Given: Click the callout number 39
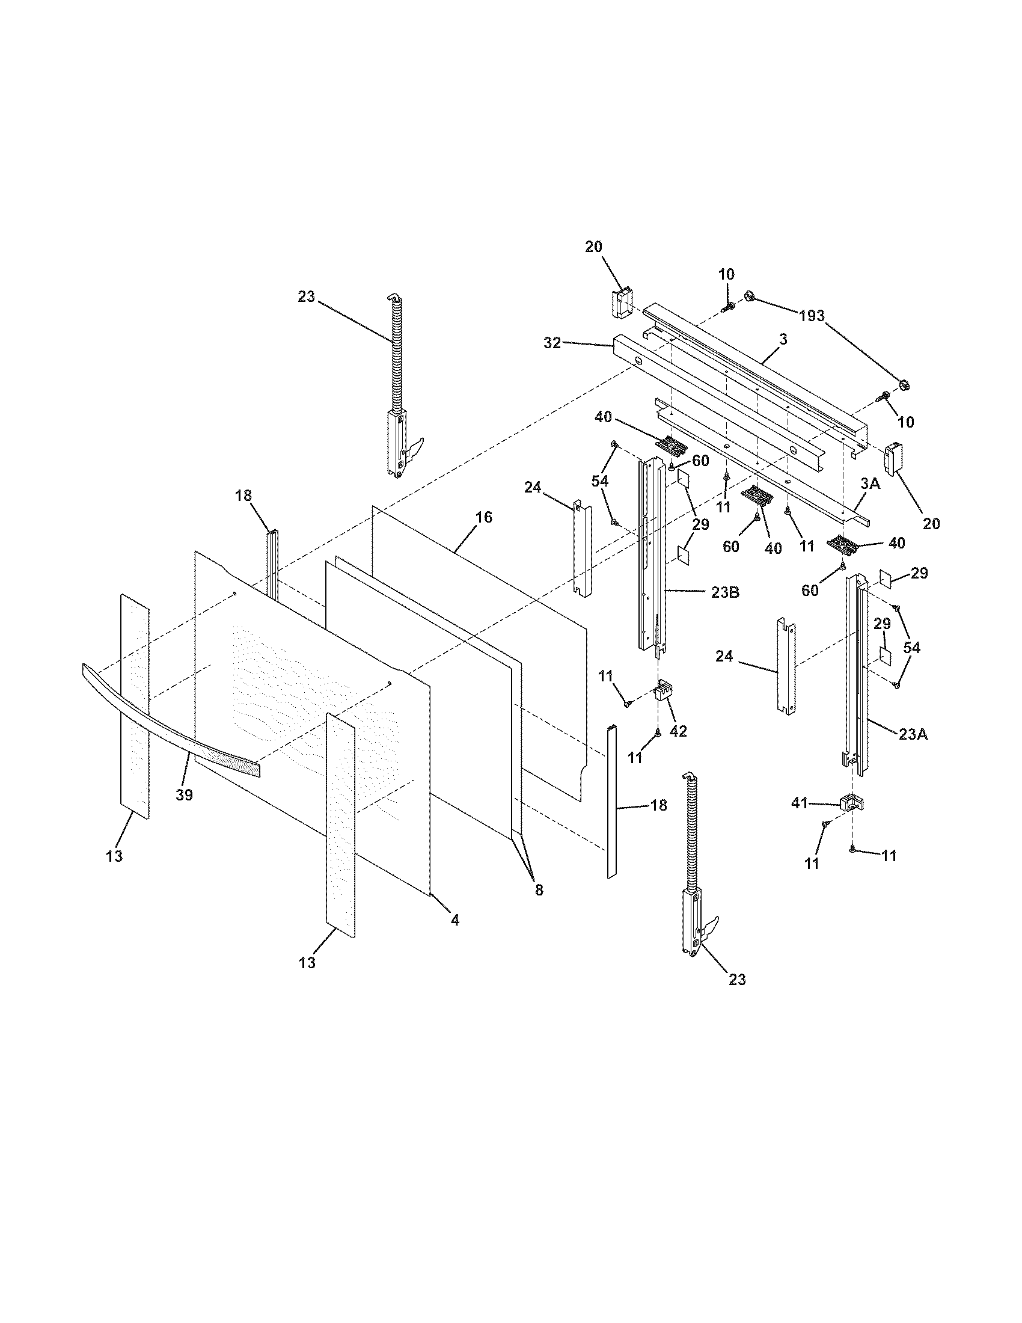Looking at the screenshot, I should (x=184, y=795).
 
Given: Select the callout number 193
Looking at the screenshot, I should (x=812, y=316).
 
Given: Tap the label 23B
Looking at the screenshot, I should (x=725, y=592).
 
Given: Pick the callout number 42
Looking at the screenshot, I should (x=678, y=731).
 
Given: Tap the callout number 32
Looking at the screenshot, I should (x=552, y=343).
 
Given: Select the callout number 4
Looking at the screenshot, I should (x=454, y=920).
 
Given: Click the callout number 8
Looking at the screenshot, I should (x=539, y=890).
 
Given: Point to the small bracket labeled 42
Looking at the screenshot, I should (x=664, y=690).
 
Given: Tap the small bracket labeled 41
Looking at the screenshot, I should (x=851, y=803).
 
